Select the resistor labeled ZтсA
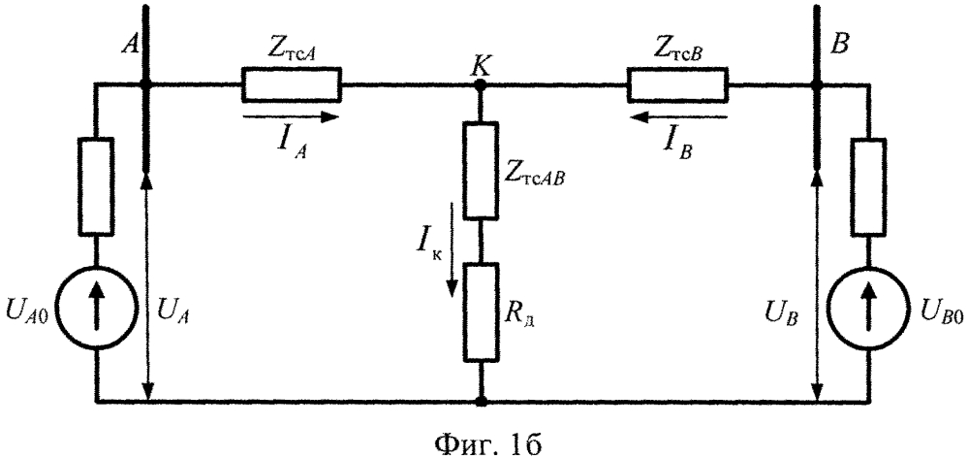click(x=291, y=85)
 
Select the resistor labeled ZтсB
click(x=677, y=85)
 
